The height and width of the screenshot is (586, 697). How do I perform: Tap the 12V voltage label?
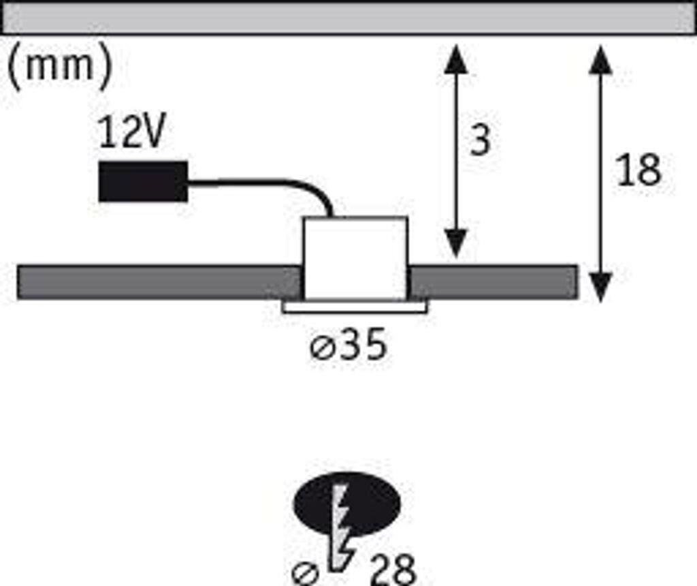click(131, 132)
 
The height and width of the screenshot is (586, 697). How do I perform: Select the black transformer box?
click(143, 181)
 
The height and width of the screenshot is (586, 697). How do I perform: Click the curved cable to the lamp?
click(272, 184)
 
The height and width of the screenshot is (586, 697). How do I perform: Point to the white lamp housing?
click(354, 258)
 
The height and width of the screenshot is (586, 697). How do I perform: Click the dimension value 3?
click(481, 141)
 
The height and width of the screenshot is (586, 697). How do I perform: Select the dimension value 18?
click(638, 170)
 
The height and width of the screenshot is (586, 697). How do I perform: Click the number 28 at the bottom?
click(393, 570)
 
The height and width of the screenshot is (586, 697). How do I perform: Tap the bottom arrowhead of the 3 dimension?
click(455, 244)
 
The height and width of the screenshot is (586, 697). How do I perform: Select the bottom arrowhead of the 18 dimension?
click(600, 286)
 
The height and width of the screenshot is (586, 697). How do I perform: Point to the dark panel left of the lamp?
click(157, 282)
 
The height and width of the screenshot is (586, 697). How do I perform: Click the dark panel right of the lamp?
click(493, 282)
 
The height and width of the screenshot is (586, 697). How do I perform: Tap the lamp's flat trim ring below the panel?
click(355, 307)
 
